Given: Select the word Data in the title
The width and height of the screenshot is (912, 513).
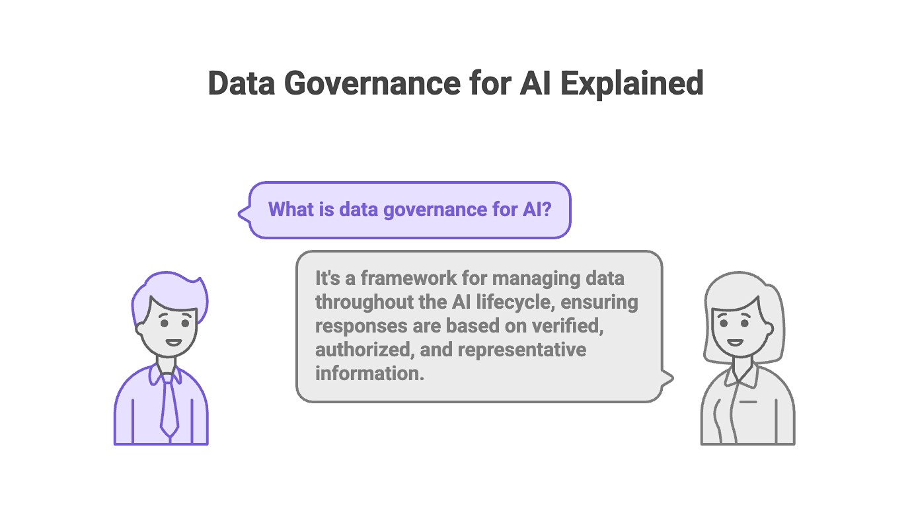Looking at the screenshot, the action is click(x=241, y=83).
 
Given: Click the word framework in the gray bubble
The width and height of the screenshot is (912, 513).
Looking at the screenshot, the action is click(x=386, y=278).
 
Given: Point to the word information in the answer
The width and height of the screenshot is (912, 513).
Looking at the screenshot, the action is click(x=367, y=373).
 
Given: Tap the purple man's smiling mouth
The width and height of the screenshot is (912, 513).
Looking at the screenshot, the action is click(x=173, y=342).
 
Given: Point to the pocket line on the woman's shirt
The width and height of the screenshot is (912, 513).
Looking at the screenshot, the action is click(x=748, y=401).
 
